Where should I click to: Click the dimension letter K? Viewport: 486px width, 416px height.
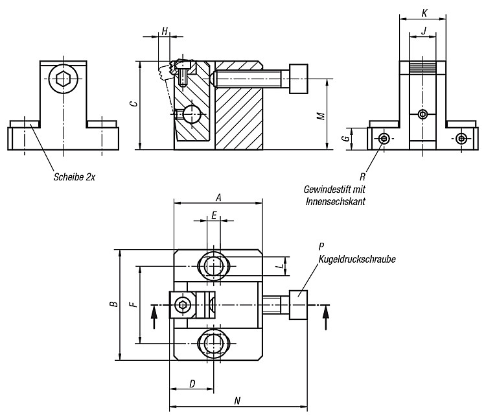tap(424, 13)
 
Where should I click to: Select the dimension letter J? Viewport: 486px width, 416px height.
tap(424, 31)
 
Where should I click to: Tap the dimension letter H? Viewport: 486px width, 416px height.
tap(165, 31)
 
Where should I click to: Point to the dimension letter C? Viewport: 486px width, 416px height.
tap(133, 103)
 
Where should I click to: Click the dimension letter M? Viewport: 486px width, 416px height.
tap(321, 116)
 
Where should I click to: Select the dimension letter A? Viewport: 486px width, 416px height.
tap(218, 197)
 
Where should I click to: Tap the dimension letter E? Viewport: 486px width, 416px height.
tap(214, 215)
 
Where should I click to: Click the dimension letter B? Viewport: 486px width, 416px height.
tap(115, 304)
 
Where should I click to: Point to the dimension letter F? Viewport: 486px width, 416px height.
tap(133, 304)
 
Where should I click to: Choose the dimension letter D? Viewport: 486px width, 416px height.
tap(192, 384)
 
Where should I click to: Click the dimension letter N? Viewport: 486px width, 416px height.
tap(237, 401)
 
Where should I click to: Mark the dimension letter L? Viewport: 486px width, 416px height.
tap(281, 266)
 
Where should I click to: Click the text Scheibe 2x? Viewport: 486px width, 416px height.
tap(75, 177)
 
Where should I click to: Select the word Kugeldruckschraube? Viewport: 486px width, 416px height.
tap(357, 259)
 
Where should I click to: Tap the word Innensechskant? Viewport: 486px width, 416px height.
tap(336, 201)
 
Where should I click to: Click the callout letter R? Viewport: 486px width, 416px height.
tap(363, 177)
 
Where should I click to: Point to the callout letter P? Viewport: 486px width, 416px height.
tap(321, 246)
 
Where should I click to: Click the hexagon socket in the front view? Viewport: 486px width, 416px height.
tap(64, 79)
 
